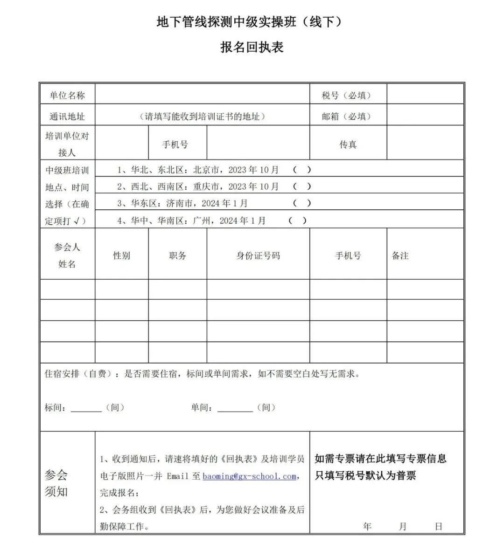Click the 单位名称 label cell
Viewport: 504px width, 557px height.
pyautogui.click(x=67, y=96)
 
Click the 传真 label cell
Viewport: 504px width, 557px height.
pyautogui.click(x=348, y=144)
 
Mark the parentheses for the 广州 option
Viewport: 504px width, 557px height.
pyautogui.click(x=298, y=220)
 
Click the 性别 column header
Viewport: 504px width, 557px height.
pyautogui.click(x=121, y=255)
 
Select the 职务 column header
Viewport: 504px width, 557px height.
pyautogui.click(x=177, y=255)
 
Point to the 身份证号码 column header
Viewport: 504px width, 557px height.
pyautogui.click(x=258, y=255)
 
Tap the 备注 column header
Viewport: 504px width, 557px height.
pyautogui.click(x=400, y=255)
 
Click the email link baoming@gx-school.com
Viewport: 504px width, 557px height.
pyautogui.click(x=250, y=476)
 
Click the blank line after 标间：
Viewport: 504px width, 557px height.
pyautogui.click(x=86, y=408)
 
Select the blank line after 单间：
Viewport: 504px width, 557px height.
pyautogui.click(x=235, y=408)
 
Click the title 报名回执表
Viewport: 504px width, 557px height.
pyautogui.click(x=252, y=47)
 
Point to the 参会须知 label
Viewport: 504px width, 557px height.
pyautogui.click(x=56, y=483)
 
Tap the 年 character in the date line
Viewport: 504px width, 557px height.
pyautogui.click(x=367, y=526)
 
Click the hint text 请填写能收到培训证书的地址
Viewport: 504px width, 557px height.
pyautogui.click(x=202, y=117)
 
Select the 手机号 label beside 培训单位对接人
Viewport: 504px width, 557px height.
pyautogui.click(x=175, y=144)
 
